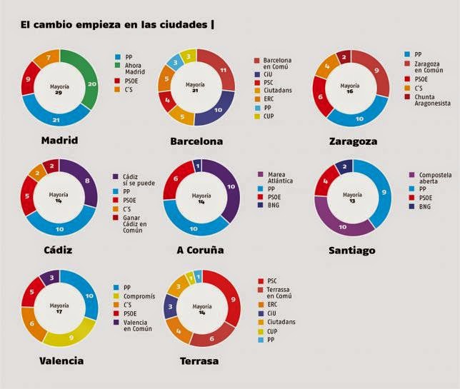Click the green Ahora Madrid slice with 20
click(92, 84)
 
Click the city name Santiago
click(352, 250)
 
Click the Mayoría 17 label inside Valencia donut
click(59, 307)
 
